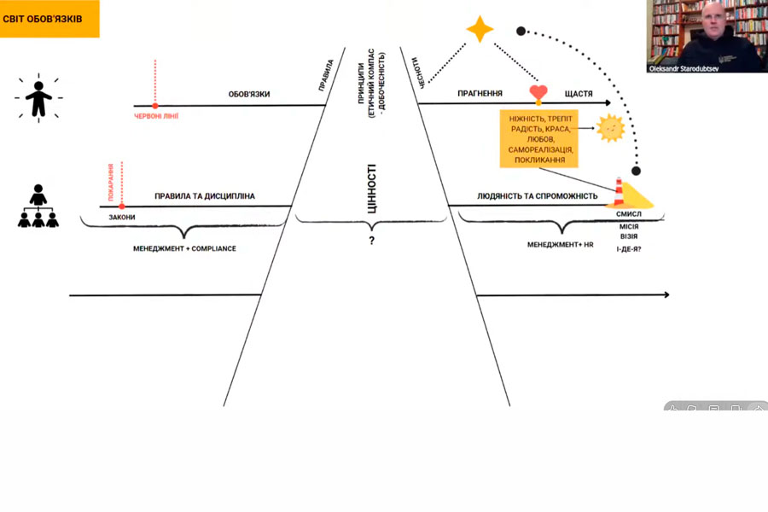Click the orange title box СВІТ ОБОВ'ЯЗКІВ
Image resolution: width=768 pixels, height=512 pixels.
click(x=49, y=19)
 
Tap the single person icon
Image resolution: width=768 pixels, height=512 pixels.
click(x=38, y=98)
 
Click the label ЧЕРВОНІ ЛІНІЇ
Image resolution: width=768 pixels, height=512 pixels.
click(x=156, y=116)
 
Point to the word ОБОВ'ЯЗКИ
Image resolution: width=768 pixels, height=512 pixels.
click(x=249, y=94)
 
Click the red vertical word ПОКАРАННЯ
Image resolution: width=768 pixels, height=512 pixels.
click(x=111, y=181)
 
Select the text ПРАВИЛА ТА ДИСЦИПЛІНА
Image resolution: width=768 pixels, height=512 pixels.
click(x=205, y=196)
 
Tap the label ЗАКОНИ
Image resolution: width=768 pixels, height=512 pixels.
click(x=122, y=217)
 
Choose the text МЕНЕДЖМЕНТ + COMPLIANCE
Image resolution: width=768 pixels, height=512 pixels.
click(x=183, y=248)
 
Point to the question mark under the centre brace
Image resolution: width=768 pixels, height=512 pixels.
click(x=372, y=241)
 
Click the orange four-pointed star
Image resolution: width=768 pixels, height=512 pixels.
click(x=480, y=30)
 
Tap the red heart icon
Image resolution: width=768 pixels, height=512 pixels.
click(x=537, y=93)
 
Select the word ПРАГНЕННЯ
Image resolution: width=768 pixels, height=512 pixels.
click(x=479, y=94)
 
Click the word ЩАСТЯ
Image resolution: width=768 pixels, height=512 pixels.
click(x=579, y=94)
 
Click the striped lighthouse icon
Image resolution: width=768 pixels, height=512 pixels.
click(x=618, y=192)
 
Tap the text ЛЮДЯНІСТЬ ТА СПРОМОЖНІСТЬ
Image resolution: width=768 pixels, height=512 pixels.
click(x=537, y=196)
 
